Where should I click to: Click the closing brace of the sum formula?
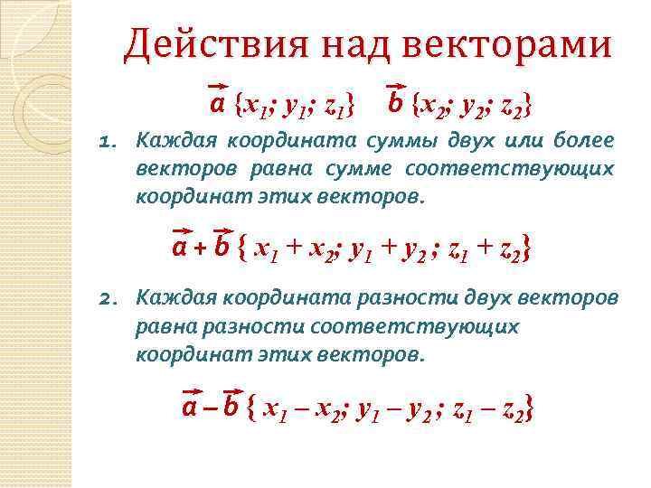[526, 247]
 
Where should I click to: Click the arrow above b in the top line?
[395, 88]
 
